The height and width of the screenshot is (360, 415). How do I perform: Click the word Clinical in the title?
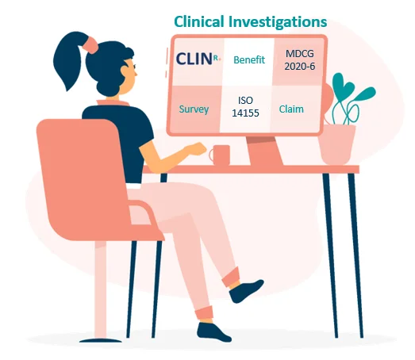pyautogui.click(x=199, y=21)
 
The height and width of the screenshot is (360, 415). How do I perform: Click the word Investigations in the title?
pyautogui.click(x=278, y=22)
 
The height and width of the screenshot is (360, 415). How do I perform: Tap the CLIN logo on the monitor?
pyautogui.click(x=198, y=59)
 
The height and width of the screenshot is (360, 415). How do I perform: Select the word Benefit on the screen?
pyautogui.click(x=249, y=60)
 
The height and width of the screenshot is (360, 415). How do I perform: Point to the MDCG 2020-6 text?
pyautogui.click(x=300, y=60)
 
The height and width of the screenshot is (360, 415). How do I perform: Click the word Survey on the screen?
pyautogui.click(x=194, y=109)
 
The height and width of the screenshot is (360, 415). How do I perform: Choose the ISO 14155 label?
pyautogui.click(x=245, y=107)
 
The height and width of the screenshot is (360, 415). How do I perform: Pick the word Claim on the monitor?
pyautogui.click(x=291, y=109)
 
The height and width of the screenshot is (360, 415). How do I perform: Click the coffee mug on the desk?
pyautogui.click(x=220, y=155)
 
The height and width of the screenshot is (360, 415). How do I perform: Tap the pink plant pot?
pyautogui.click(x=336, y=144)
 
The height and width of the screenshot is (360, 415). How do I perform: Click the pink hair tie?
pyautogui.click(x=91, y=44)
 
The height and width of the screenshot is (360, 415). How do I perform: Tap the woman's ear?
pyautogui.click(x=125, y=71)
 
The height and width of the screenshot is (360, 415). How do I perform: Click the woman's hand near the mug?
pyautogui.click(x=196, y=149)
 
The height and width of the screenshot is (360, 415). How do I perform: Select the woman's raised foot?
pyautogui.click(x=246, y=290)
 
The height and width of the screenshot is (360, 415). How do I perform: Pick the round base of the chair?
pyautogui.click(x=101, y=340)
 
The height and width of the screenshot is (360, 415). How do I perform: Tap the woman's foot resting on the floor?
pyautogui.click(x=214, y=332)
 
